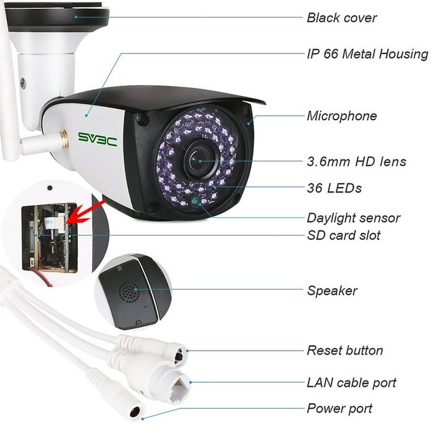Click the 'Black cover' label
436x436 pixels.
pos(341,17)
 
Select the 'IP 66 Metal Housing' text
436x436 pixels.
pos(367,54)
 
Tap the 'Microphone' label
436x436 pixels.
pos(341,116)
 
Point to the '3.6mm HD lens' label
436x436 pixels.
pos(356,161)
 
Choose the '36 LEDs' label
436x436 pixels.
pos(334,187)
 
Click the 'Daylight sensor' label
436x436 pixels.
pos(353,218)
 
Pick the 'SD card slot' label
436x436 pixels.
pos(343,235)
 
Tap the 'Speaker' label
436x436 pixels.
pos(332,291)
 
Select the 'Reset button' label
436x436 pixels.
pos(344,351)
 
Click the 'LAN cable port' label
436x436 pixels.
pos(351,382)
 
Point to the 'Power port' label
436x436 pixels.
pos(339,409)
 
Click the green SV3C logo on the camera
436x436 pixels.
pos(97,139)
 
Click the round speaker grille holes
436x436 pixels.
pos(128,290)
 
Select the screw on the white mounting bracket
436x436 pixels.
pos(23,82)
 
